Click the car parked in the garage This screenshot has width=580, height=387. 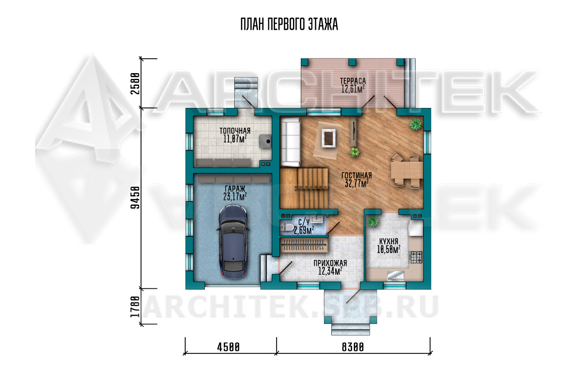[x=234, y=241]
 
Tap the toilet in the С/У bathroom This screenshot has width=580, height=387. [x=287, y=227]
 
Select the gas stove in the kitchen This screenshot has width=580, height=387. [x=416, y=257]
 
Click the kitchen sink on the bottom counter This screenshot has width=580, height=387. [x=396, y=276]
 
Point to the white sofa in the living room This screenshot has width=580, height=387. [x=291, y=142]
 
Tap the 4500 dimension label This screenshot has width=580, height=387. [x=228, y=347]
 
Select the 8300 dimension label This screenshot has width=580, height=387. [x=353, y=347]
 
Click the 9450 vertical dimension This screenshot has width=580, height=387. [x=135, y=197]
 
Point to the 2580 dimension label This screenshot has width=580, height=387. [x=135, y=84]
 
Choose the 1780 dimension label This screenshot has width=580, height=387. [x=135, y=307]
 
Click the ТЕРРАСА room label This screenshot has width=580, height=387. [x=353, y=81]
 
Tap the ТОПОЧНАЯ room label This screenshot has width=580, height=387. [x=235, y=131]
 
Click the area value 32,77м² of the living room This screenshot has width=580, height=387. [x=357, y=183]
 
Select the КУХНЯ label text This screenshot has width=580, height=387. [x=388, y=241]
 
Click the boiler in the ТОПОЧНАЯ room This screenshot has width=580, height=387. [x=266, y=141]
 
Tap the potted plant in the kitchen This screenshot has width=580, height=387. [x=373, y=221]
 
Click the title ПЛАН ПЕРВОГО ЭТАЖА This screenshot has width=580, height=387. [x=289, y=24]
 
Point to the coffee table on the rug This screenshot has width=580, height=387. [x=329, y=138]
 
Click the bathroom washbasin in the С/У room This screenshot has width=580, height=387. [x=316, y=219]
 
